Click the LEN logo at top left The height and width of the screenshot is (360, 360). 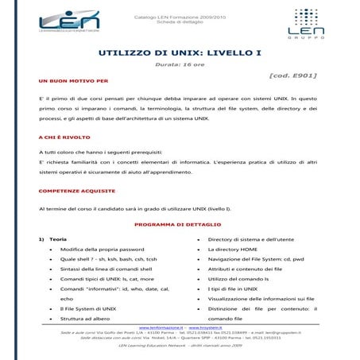pos(59,19)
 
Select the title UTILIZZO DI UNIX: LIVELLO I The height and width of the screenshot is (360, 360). pos(179,53)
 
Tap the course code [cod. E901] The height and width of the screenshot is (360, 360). pos(293,75)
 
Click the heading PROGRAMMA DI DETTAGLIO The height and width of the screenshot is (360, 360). pos(179,225)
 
